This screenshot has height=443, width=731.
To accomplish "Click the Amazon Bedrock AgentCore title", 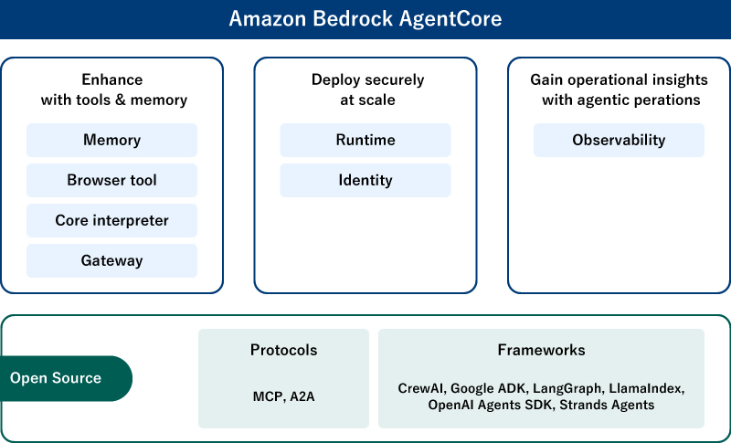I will click(x=365, y=19).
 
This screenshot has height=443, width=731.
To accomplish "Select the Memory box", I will click(x=111, y=140).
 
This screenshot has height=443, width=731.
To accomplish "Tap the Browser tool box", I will click(x=111, y=180).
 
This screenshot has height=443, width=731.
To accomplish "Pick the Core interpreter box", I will click(x=111, y=220).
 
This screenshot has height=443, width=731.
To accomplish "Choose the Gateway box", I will click(x=111, y=260).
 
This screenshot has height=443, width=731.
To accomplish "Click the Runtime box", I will click(x=365, y=140).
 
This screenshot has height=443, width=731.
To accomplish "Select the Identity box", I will click(x=365, y=180).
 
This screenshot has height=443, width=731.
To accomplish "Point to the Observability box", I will click(x=619, y=140).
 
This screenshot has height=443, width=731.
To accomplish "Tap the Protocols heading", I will click(x=283, y=350).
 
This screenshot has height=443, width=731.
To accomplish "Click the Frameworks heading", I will click(x=541, y=350).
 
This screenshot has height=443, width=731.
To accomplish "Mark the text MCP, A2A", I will click(x=283, y=396).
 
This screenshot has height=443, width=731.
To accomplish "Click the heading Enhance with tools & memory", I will click(x=112, y=90).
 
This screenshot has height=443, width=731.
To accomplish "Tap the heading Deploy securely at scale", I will click(x=365, y=90).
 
